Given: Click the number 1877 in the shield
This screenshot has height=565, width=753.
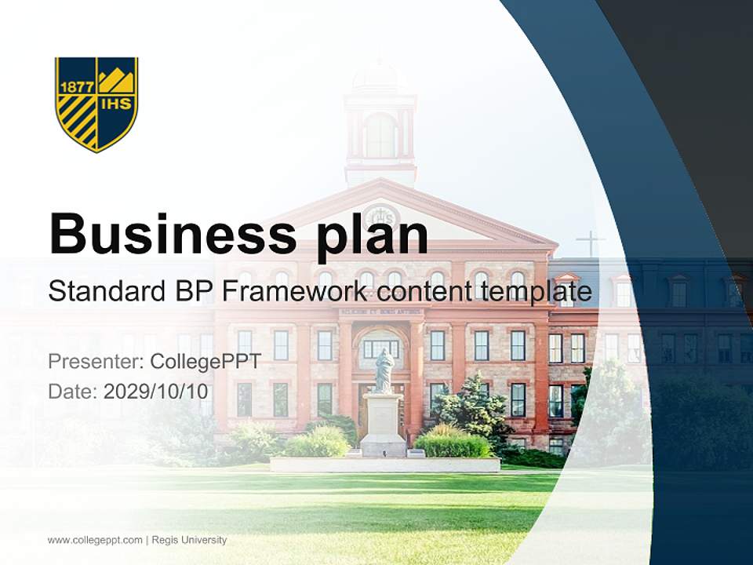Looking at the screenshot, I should (x=76, y=87).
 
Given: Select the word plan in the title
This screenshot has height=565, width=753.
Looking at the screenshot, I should (x=373, y=235).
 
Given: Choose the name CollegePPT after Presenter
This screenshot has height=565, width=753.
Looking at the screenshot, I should (x=206, y=362).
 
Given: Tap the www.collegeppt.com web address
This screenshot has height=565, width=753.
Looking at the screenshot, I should (x=95, y=540).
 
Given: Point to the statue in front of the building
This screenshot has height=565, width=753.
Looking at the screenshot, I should (x=384, y=370).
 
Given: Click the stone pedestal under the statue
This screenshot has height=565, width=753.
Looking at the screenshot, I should (x=384, y=424).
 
